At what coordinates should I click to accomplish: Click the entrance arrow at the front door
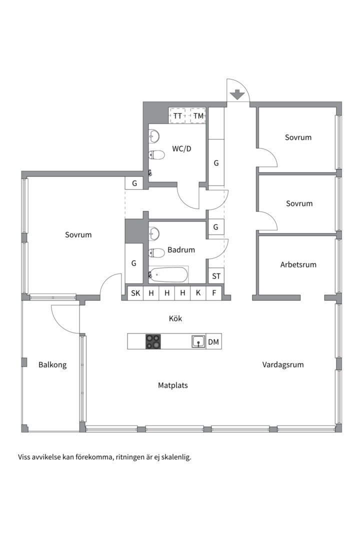pyautogui.click(x=237, y=94)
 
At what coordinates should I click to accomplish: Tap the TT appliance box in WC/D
pyautogui.click(x=177, y=115)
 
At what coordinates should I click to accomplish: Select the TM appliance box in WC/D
pyautogui.click(x=198, y=115)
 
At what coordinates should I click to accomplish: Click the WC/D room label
pyautogui.click(x=181, y=149)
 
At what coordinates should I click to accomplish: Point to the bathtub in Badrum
pyautogui.click(x=168, y=275)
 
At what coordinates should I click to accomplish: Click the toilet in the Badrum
pyautogui.click(x=156, y=253)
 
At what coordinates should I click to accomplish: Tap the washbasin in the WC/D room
pyautogui.click(x=154, y=136)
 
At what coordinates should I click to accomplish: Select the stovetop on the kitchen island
pyautogui.click(x=153, y=341)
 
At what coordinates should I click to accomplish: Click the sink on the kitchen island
pyautogui.click(x=199, y=341)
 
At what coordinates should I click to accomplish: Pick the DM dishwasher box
pyautogui.click(x=213, y=341)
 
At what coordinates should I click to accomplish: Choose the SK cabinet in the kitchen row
pyautogui.click(x=135, y=292)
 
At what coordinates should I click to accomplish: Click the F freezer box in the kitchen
pyautogui.click(x=214, y=292)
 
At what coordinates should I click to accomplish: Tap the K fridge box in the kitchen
pyautogui.click(x=198, y=292)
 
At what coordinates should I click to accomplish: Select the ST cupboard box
pyautogui.click(x=216, y=276)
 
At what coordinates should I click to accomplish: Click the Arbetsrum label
pyautogui.click(x=298, y=265)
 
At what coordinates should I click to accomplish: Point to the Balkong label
pyautogui.click(x=52, y=365)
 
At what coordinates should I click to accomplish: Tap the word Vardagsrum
pyautogui.click(x=283, y=364)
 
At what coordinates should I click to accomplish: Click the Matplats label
pyautogui.click(x=173, y=385)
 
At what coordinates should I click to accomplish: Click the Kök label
pyautogui.click(x=175, y=318)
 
